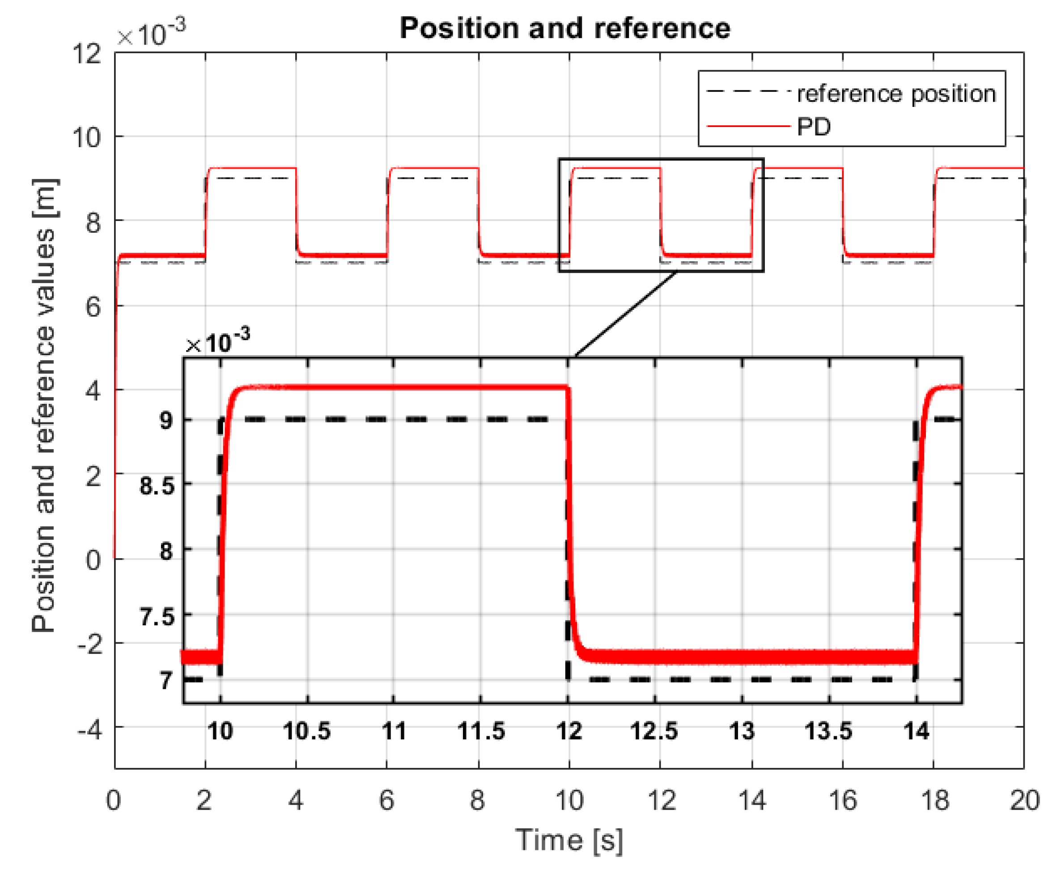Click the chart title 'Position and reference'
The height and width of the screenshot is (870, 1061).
[x=565, y=28]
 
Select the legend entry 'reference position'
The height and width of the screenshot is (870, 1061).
[x=896, y=94]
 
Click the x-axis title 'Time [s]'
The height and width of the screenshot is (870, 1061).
[x=569, y=840]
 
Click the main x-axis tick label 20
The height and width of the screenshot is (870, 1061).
[x=1024, y=800]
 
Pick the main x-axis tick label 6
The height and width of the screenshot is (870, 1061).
[x=386, y=800]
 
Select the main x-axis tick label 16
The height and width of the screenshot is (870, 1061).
[x=842, y=800]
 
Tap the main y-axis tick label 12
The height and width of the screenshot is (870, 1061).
[x=87, y=53]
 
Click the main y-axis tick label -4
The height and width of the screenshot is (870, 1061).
[x=89, y=730]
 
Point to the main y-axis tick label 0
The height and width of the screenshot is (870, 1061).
[x=93, y=559]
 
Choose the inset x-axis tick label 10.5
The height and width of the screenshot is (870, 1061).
[x=307, y=731]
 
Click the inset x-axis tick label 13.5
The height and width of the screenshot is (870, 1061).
[x=828, y=731]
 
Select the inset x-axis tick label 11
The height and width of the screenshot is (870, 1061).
[x=394, y=731]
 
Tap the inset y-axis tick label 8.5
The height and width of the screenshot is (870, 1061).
[x=157, y=486]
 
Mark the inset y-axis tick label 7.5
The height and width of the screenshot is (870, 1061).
[x=157, y=616]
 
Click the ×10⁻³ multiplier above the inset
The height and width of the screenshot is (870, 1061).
[x=217, y=342]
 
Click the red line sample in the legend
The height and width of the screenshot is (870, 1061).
[x=748, y=126]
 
